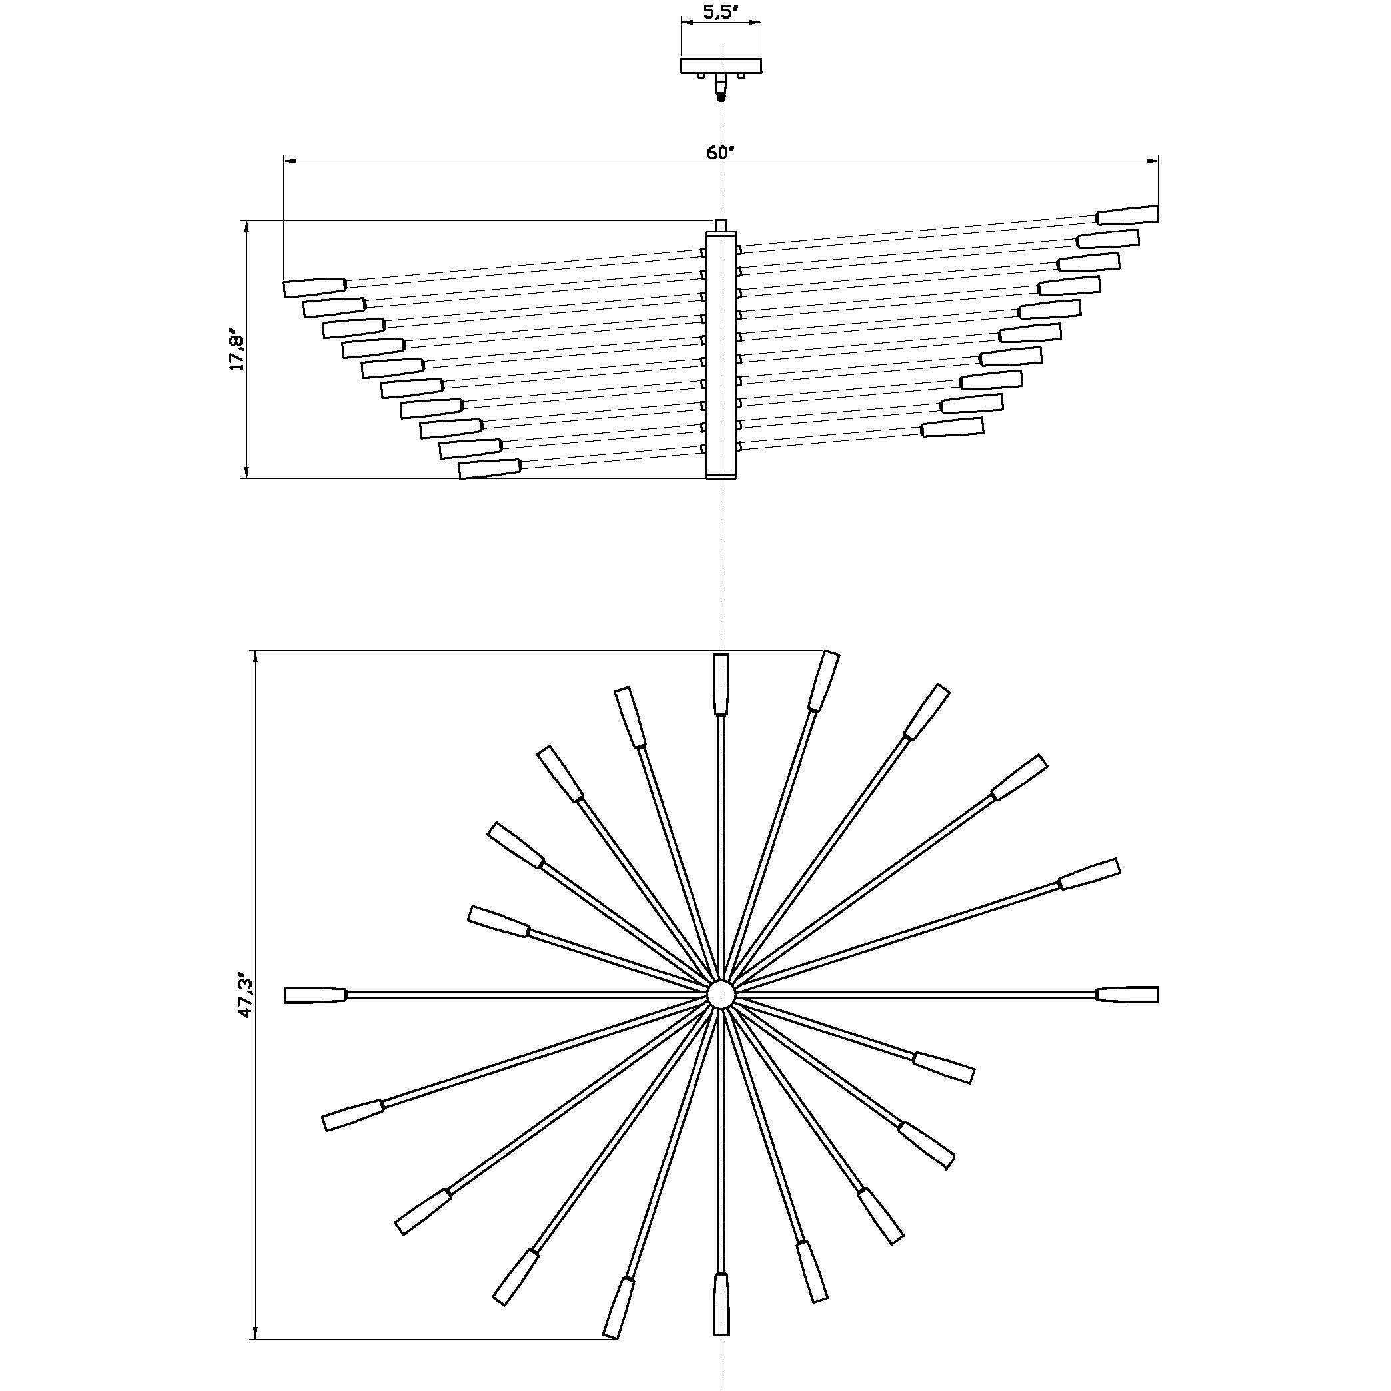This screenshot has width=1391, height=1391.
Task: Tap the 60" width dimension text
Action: [x=720, y=153]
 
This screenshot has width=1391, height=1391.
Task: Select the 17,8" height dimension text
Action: [x=237, y=350]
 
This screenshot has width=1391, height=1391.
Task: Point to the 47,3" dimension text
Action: [x=246, y=997]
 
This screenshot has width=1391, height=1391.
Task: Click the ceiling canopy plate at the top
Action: [x=721, y=65]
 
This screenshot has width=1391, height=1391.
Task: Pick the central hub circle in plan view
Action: [x=721, y=995]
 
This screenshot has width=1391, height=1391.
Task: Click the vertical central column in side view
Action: [x=721, y=355]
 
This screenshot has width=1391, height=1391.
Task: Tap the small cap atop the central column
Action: [x=721, y=225]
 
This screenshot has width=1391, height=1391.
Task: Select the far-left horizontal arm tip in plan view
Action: [x=315, y=995]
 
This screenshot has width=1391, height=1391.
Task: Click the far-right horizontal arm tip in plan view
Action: [x=1127, y=995]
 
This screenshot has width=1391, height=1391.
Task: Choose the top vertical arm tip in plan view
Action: [x=721, y=684]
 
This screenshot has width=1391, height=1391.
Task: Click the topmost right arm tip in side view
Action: [x=1127, y=215]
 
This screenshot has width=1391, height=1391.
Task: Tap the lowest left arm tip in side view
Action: [x=490, y=469]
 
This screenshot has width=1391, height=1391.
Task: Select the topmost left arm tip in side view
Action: [x=314, y=288]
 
